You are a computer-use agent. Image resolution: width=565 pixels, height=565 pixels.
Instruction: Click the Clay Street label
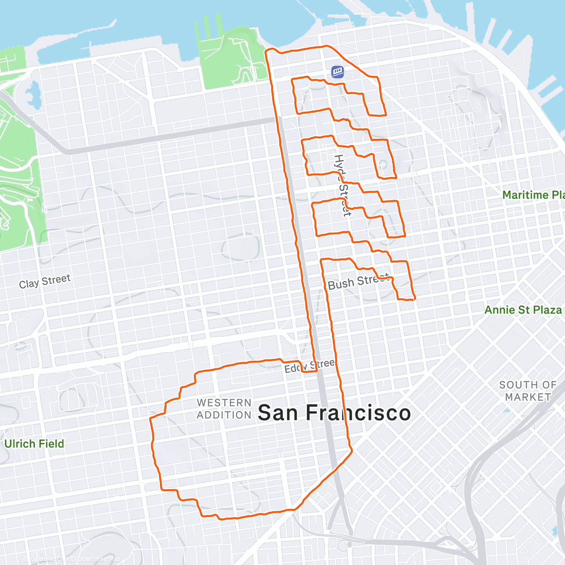point(45,282)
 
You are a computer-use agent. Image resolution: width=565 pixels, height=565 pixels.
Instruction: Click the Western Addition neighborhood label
point(224,409)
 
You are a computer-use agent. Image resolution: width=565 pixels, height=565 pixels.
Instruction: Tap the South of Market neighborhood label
point(527,391)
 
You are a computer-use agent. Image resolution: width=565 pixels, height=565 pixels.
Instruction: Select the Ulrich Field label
point(34,444)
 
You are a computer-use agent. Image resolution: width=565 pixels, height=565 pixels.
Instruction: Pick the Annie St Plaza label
point(523,310)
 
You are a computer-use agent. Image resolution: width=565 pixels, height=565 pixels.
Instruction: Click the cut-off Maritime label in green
point(533,195)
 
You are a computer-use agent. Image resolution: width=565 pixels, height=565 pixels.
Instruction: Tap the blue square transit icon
point(337,72)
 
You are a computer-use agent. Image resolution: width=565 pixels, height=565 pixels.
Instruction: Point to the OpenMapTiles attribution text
point(47,559)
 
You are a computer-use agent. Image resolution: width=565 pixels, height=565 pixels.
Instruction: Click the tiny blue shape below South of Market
point(507,410)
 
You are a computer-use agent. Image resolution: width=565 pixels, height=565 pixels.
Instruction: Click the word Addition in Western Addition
point(224,415)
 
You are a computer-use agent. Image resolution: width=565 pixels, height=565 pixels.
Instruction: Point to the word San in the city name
point(278,413)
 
